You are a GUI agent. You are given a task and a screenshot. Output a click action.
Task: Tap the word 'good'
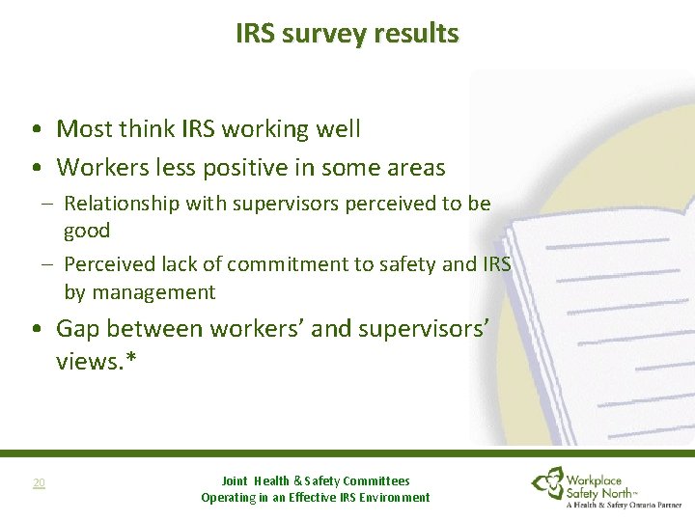tap(87, 231)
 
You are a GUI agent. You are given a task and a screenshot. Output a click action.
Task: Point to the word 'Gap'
tap(78, 329)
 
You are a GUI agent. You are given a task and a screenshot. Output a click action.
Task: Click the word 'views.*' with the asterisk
tap(95, 360)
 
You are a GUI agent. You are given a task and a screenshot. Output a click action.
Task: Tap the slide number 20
tap(39, 482)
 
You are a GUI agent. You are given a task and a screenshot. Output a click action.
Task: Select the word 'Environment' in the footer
tap(391, 498)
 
